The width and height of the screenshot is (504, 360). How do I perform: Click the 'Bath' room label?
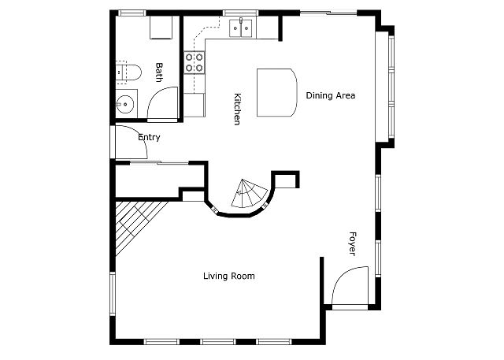[x=159, y=72]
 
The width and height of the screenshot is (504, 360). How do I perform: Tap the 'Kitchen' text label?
[x=237, y=109]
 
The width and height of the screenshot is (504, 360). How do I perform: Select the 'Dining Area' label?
[x=331, y=95]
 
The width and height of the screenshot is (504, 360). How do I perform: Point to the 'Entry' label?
[x=149, y=137]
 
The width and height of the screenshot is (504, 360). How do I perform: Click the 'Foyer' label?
[x=352, y=243]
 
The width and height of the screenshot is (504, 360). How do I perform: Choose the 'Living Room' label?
[x=229, y=276]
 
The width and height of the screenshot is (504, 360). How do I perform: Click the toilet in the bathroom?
[x=128, y=72]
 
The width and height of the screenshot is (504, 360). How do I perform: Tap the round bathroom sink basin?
[x=125, y=104]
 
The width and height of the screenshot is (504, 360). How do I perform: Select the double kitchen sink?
[x=241, y=28]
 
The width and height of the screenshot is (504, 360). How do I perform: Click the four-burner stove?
[x=195, y=62]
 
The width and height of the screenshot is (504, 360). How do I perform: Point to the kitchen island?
[x=276, y=92]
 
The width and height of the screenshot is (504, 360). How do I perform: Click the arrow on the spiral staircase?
[x=239, y=192]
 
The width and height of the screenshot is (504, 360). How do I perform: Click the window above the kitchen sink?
[x=241, y=13]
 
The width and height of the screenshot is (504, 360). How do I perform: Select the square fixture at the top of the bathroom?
[x=161, y=28]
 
